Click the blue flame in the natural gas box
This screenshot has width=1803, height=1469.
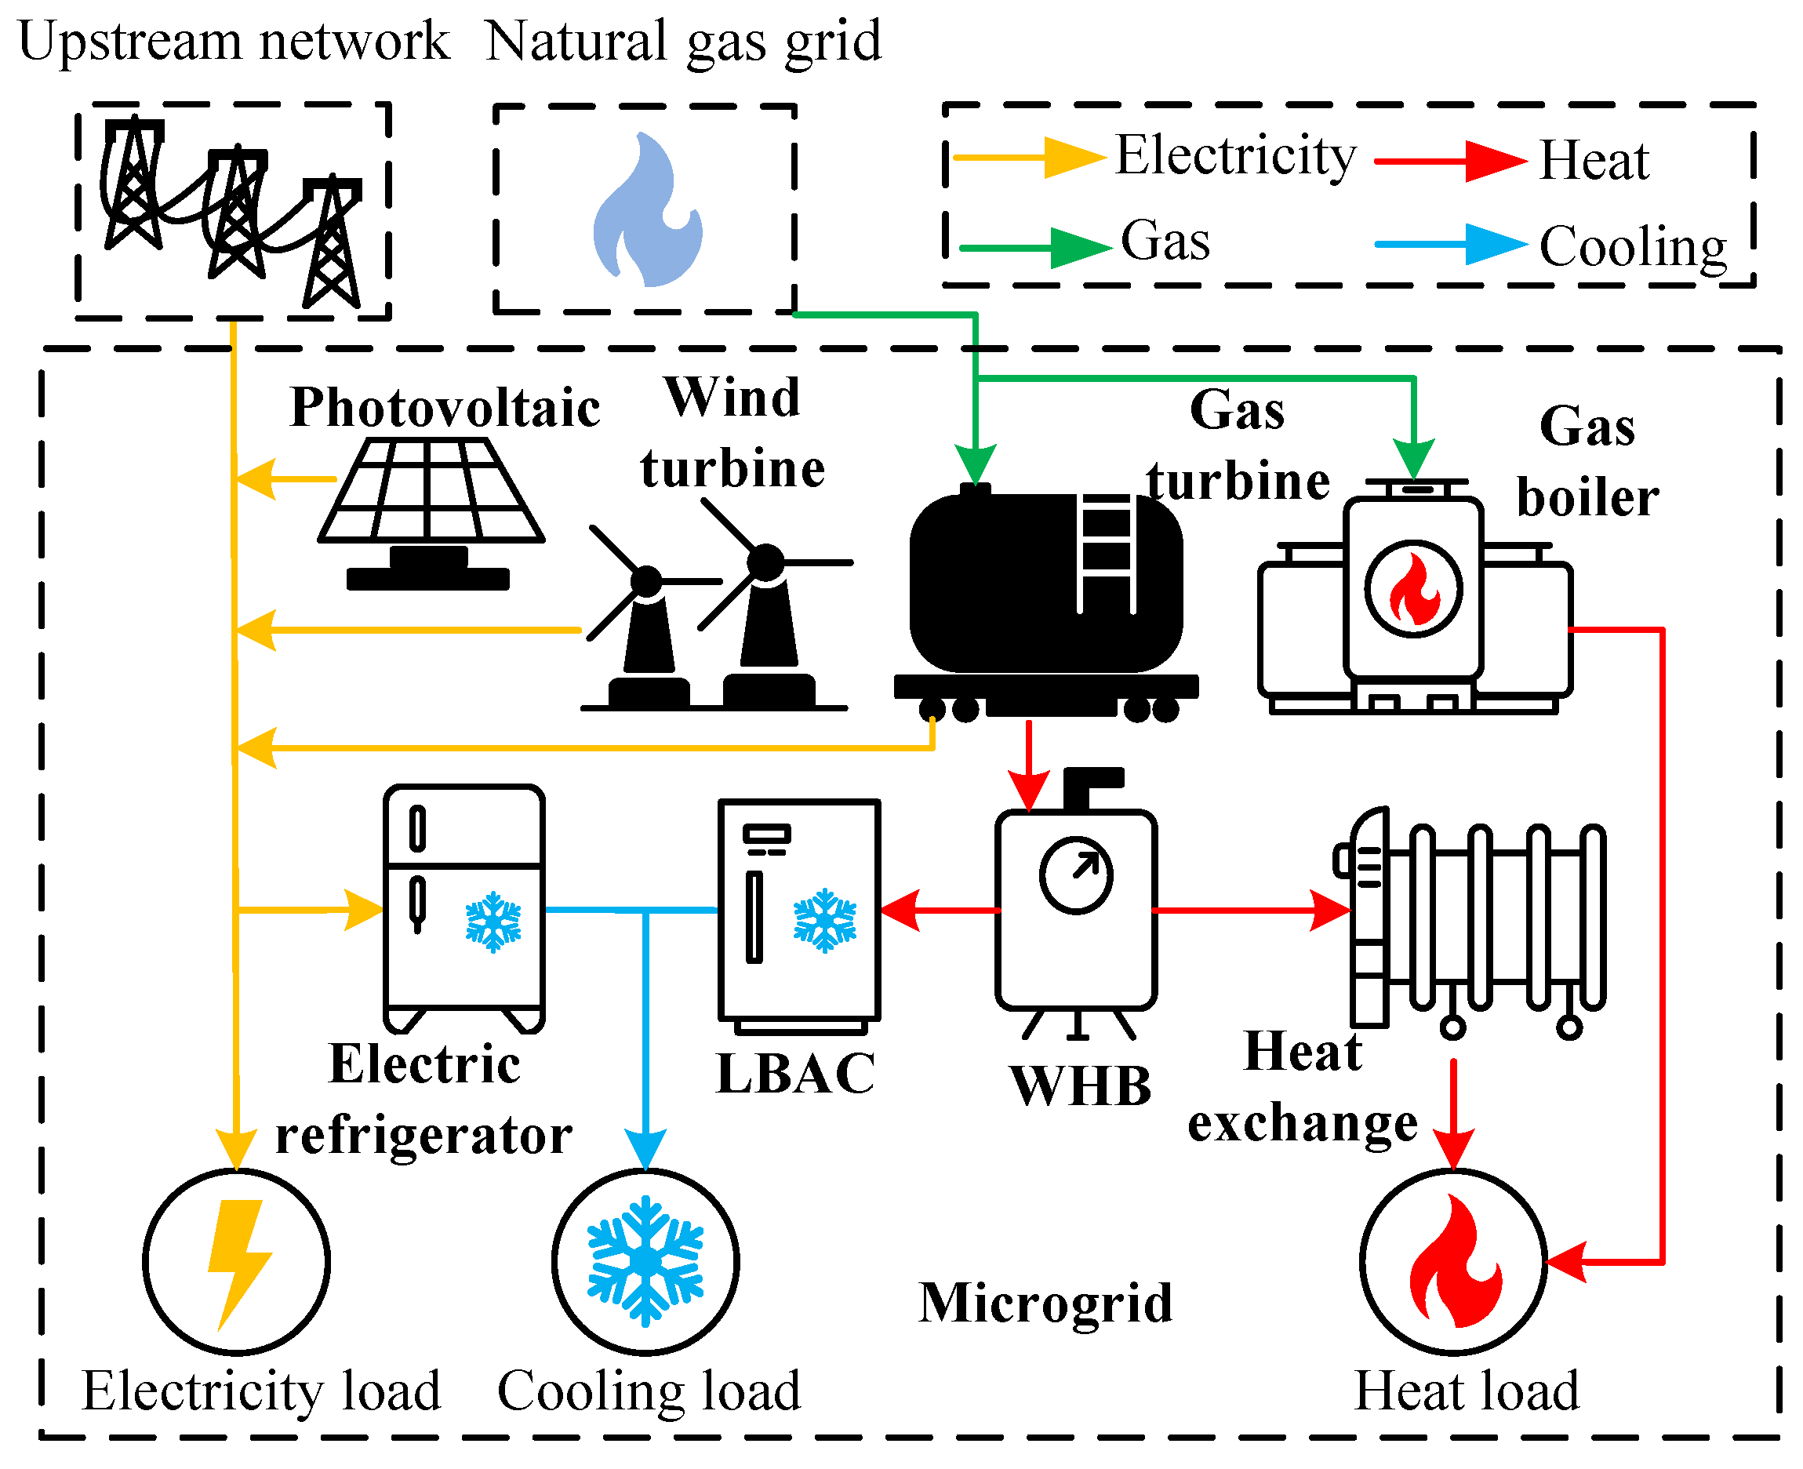tap(646, 212)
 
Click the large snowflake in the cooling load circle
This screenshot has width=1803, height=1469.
tap(645, 1261)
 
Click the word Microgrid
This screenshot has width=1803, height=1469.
tap(1045, 1304)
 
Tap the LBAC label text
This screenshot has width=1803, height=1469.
tap(795, 1074)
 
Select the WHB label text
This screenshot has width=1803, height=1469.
tap(1081, 1085)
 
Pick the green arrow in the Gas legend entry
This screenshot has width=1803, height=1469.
tap(1079, 248)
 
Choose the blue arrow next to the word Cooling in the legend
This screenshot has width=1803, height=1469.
tap(1493, 245)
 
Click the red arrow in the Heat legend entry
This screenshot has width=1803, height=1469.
tap(1493, 161)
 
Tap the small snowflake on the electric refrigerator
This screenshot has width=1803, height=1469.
tap(493, 922)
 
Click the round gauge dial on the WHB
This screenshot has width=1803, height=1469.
tap(1075, 876)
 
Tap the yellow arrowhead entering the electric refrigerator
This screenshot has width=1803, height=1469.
tap(364, 911)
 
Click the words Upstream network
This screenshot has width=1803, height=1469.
tap(234, 41)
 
